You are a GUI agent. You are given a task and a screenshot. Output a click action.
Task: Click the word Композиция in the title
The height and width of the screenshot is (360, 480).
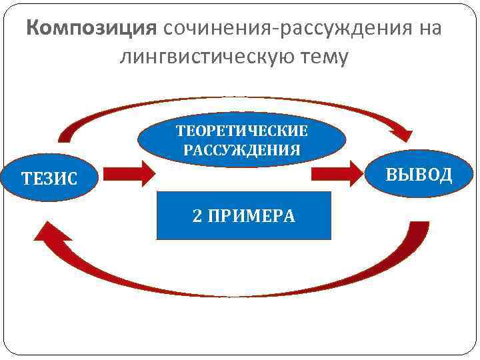tap(91, 29)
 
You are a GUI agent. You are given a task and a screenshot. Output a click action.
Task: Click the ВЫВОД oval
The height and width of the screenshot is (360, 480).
tap(419, 174)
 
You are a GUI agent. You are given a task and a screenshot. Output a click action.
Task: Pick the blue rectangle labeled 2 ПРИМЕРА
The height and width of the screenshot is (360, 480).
tap(243, 215)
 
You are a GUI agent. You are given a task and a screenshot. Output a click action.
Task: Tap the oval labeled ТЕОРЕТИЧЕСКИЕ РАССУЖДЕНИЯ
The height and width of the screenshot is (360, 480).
tap(241, 139)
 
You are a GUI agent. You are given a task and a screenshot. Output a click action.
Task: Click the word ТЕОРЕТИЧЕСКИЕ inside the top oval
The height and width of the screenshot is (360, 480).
tap(241, 130)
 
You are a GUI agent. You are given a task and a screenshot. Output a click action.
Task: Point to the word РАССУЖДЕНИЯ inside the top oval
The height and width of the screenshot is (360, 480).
tap(241, 149)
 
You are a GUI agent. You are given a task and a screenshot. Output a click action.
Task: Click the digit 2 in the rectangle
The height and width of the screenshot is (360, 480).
tap(197, 215)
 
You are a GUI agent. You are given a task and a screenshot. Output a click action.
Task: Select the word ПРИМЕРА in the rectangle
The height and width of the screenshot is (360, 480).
tap(251, 215)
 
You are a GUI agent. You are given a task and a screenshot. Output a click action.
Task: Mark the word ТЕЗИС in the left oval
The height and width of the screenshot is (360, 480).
tap(49, 179)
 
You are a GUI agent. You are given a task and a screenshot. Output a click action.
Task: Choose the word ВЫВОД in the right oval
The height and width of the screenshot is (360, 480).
tap(419, 175)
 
